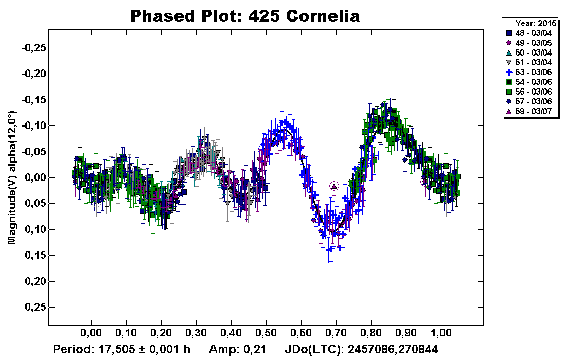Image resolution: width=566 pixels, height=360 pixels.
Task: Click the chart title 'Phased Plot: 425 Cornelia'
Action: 244,16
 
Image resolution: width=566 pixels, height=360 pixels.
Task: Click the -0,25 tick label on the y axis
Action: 33,48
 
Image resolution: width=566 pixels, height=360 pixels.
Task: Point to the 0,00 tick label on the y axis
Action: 35,178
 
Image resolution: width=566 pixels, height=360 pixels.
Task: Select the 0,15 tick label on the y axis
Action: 35,256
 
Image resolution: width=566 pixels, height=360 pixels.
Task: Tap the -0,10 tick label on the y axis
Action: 33,126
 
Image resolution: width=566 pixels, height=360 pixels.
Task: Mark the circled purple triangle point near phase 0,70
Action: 334,186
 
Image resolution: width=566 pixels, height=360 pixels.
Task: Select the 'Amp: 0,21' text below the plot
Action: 237,350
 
